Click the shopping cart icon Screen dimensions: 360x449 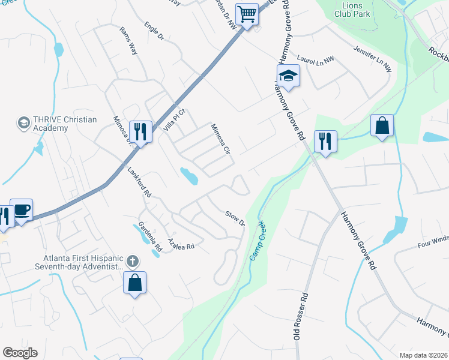pos(247,13)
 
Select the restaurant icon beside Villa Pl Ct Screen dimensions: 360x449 pos(140,131)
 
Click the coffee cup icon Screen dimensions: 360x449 pos(22,210)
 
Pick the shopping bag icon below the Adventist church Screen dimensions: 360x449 pos(135,282)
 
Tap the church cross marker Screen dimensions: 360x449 pos(133,262)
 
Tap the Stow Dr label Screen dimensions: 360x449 pos(235,218)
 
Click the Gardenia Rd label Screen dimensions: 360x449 pos(150,236)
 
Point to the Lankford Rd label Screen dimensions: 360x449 pos(139,182)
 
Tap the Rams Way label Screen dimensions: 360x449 pos(129,41)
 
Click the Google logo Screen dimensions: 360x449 pos(20,353)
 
